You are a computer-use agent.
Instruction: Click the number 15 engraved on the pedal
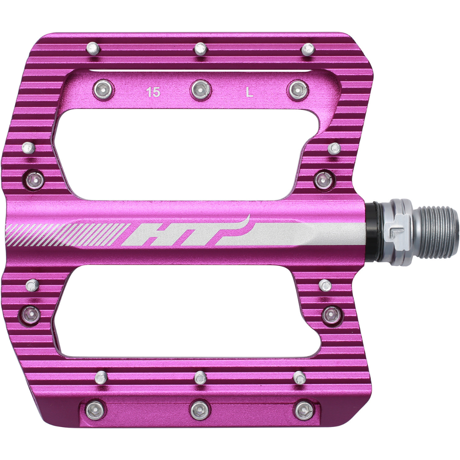(x=153, y=92)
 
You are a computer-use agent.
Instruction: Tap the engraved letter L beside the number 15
(x=250, y=92)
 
